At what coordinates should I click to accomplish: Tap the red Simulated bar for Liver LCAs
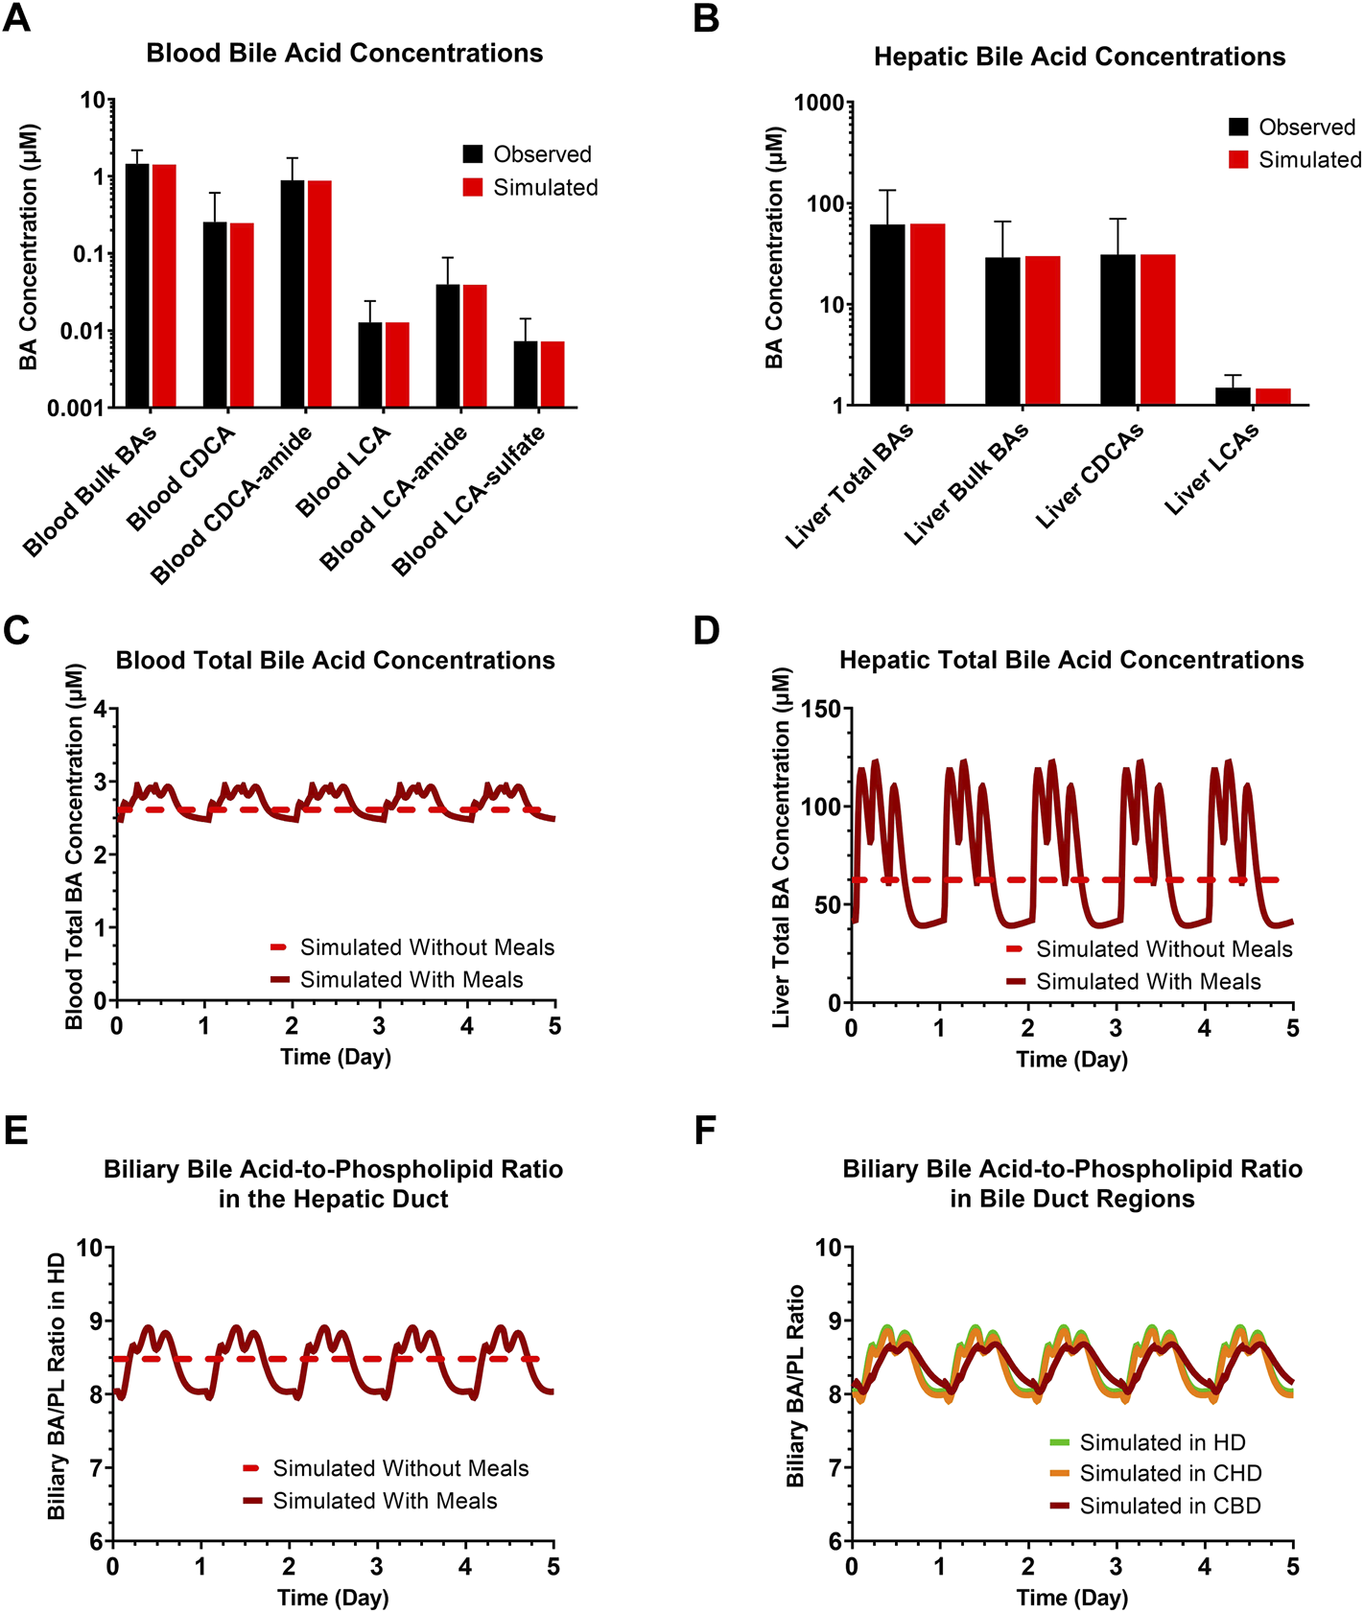1273,396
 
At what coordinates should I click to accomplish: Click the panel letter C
16,630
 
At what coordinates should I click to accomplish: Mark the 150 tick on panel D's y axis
820,709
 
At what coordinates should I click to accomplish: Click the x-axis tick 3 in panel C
379,1026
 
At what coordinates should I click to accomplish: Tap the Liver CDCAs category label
1090,476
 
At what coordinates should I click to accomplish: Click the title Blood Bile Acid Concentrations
344,53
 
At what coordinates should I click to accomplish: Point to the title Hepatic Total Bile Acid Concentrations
1071,660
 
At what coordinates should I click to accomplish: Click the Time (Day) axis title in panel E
333,1598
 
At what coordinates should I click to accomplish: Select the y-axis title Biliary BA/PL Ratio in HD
57,1385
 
